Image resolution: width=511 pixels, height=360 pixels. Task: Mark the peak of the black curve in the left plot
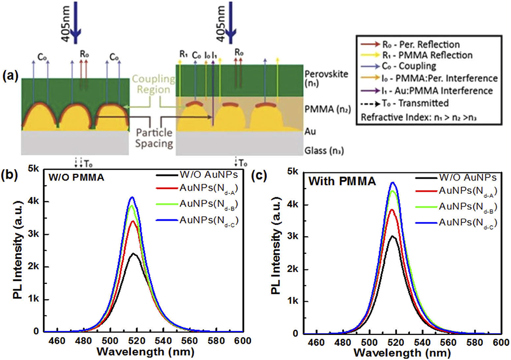(x=134, y=254)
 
